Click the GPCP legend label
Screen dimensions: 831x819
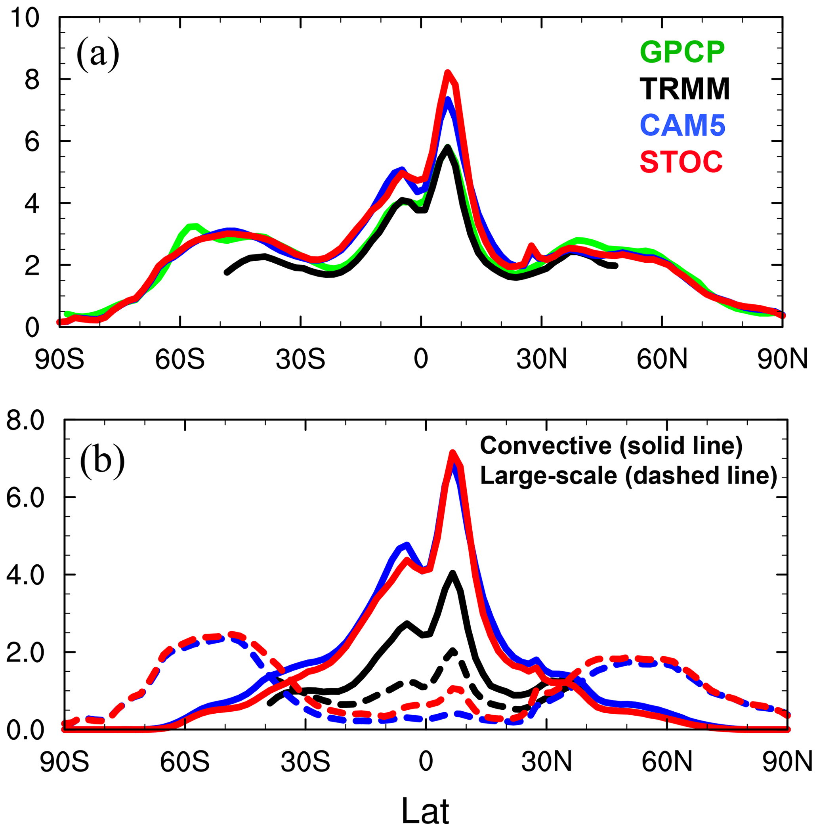[683, 52]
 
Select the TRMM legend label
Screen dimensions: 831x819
[685, 89]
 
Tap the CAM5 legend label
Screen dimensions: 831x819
[683, 125]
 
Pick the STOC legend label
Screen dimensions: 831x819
[682, 162]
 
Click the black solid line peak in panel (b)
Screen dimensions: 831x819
[452, 573]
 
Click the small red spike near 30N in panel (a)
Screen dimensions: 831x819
[531, 246]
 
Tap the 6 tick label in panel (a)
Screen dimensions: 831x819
[32, 142]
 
